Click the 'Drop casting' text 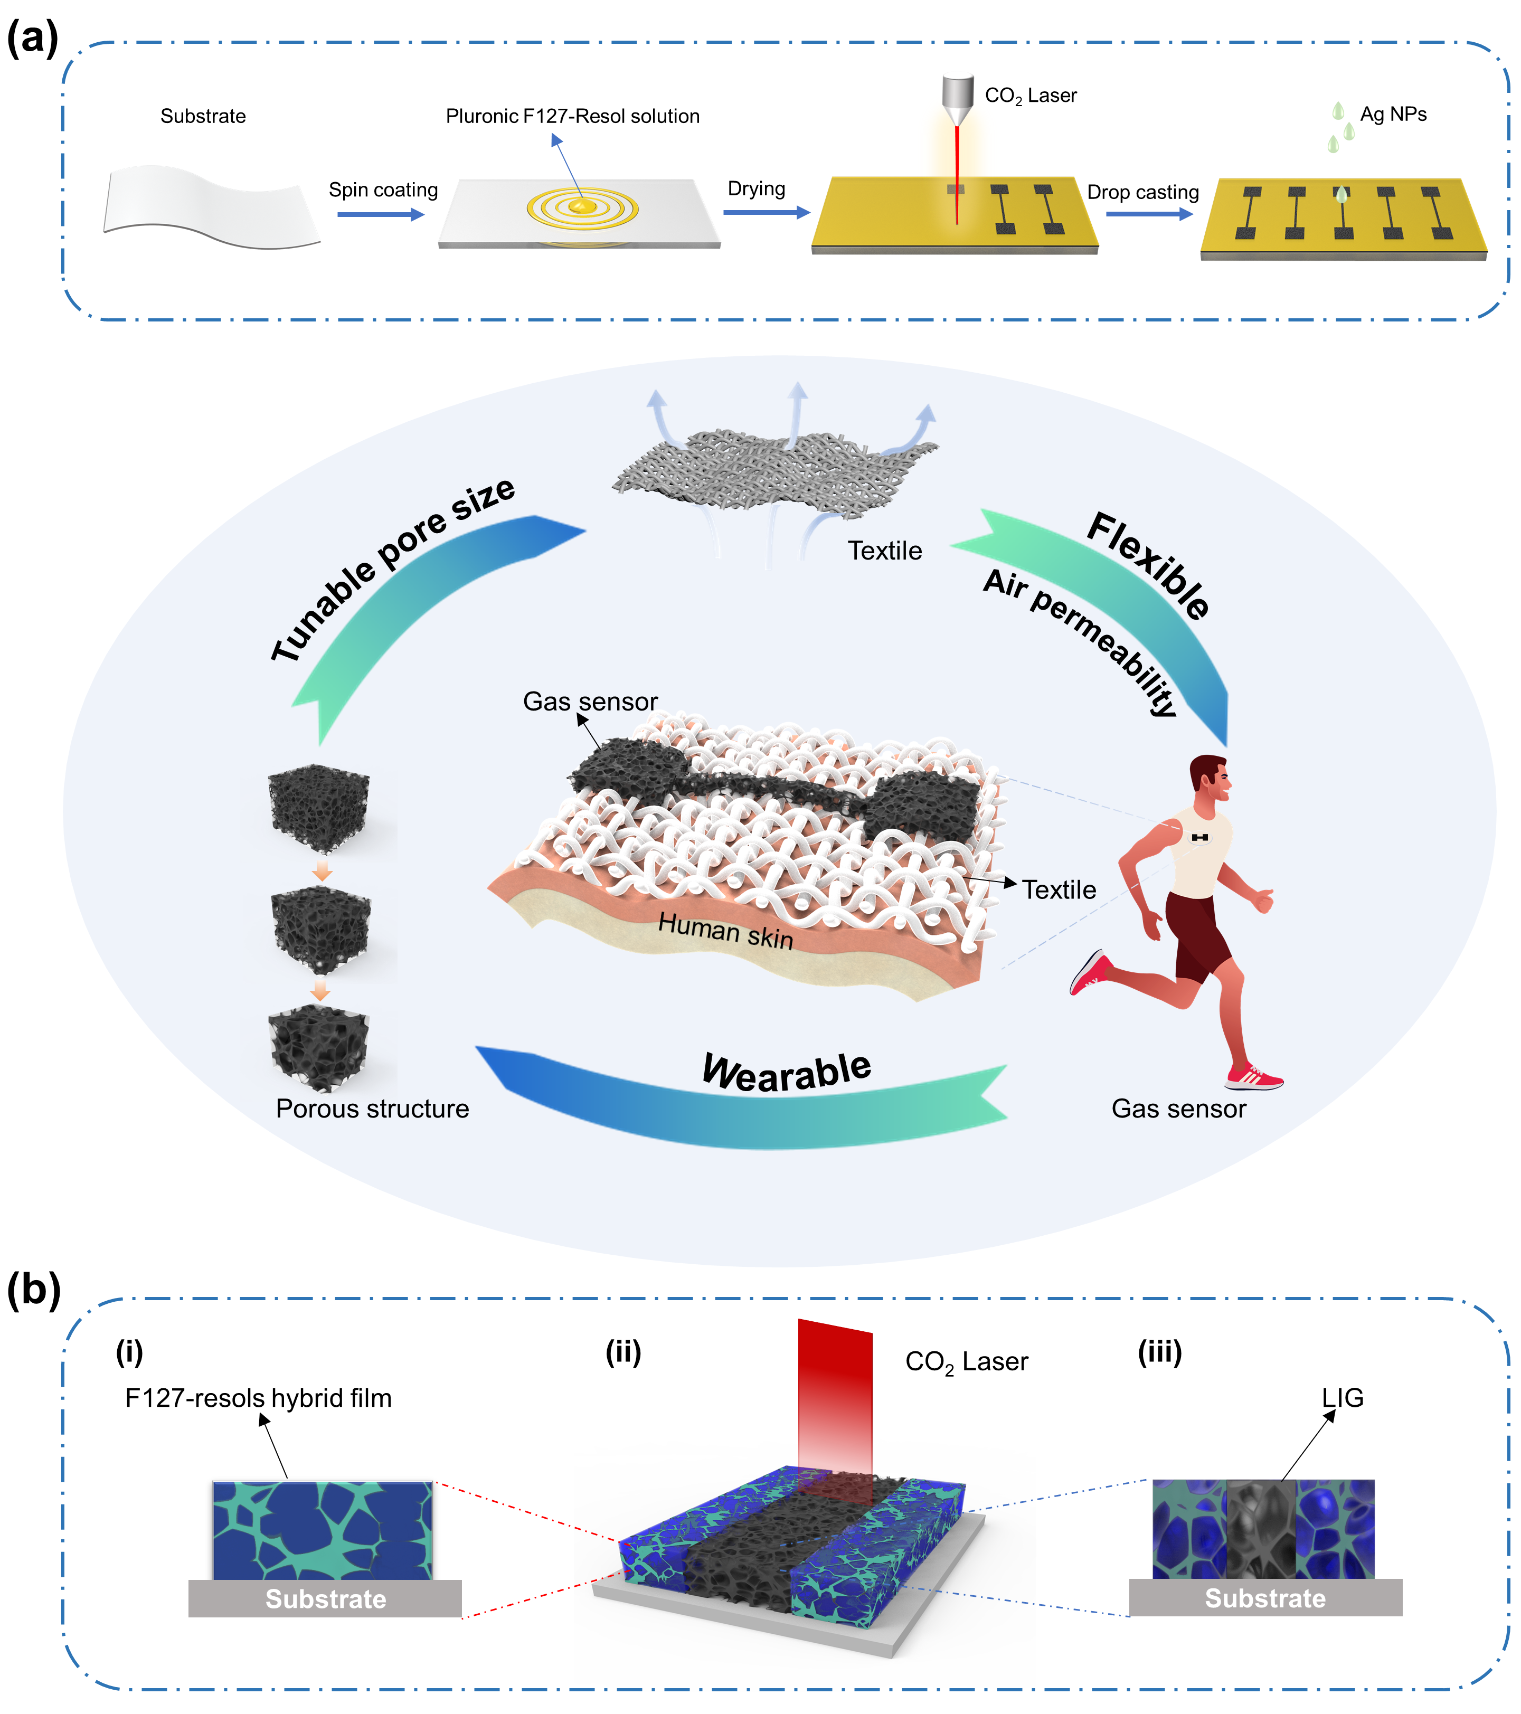pyautogui.click(x=1143, y=193)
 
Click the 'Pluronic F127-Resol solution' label pyautogui.click(x=573, y=117)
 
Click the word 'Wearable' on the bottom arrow pyautogui.click(x=787, y=1073)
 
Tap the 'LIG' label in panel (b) pyautogui.click(x=1343, y=1398)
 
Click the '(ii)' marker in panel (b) pyautogui.click(x=623, y=1352)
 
